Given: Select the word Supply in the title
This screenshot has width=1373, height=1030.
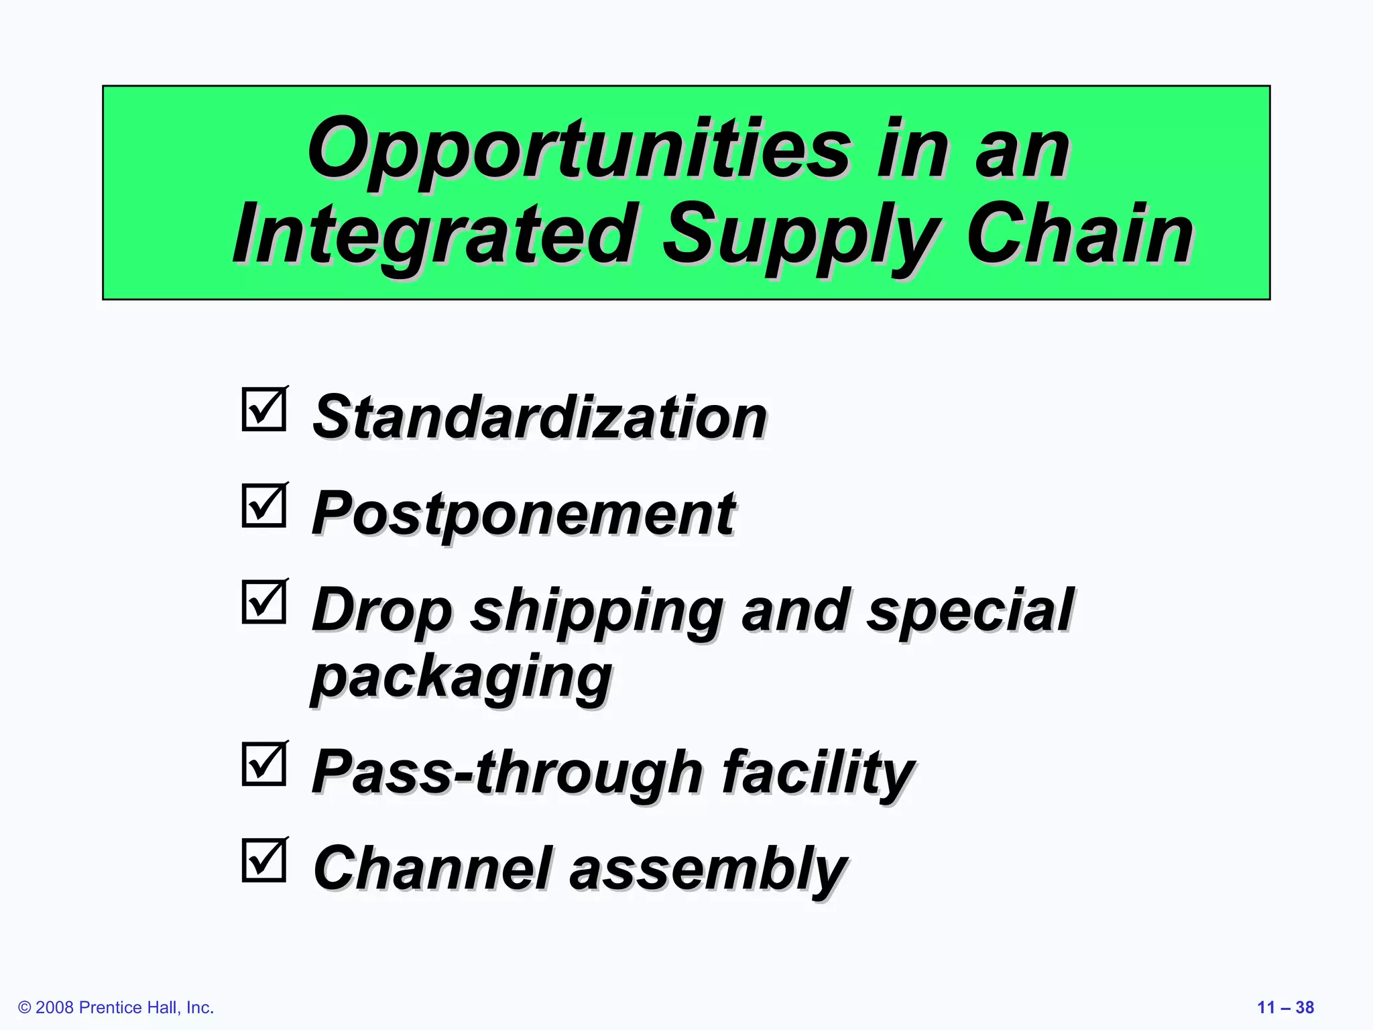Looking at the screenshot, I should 800,236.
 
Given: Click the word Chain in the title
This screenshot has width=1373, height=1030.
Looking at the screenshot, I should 1079,235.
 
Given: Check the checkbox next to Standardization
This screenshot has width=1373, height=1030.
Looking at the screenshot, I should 264,409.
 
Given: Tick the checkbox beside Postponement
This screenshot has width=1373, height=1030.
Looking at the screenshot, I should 264,506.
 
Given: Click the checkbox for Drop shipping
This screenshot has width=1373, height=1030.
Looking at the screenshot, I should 264,602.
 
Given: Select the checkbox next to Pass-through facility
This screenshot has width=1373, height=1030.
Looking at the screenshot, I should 264,764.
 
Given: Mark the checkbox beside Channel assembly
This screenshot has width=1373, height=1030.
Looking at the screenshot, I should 264,860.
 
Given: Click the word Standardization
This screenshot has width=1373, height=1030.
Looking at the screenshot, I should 540,417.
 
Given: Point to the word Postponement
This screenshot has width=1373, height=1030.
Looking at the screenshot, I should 524,515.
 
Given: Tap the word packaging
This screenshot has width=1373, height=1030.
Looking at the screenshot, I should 461,677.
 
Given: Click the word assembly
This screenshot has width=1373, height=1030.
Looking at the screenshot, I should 708,869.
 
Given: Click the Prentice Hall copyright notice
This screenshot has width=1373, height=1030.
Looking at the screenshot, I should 116,1007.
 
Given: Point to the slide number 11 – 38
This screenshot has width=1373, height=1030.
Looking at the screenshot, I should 1285,1007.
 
